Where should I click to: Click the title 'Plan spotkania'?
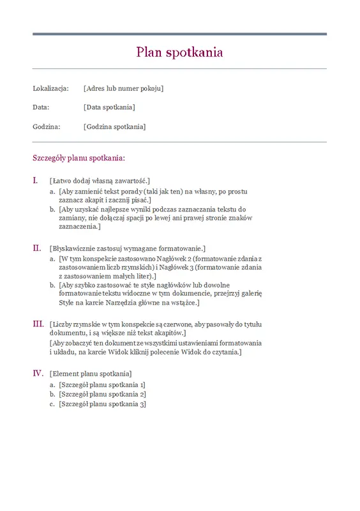(179, 52)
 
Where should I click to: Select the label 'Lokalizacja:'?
(50, 88)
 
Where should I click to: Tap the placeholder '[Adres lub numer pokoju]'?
(123, 88)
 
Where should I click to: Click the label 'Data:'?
(41, 107)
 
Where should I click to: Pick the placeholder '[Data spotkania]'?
(109, 107)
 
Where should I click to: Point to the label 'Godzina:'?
(46, 126)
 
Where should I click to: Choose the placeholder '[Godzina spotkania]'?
(114, 126)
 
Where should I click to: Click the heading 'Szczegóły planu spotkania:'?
(79, 157)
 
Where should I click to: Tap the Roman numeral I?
(35, 180)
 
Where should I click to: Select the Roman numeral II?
(36, 247)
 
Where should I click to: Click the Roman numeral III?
(38, 324)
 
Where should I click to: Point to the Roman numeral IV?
(38, 372)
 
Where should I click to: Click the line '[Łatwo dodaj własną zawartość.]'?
(99, 181)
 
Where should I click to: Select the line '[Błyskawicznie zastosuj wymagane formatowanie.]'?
(127, 248)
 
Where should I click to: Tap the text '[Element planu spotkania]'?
(91, 373)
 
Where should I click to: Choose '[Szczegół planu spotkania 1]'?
(102, 385)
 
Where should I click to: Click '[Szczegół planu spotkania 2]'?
(102, 394)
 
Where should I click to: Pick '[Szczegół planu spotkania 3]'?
(102, 404)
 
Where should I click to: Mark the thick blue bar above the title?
(179, 34)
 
